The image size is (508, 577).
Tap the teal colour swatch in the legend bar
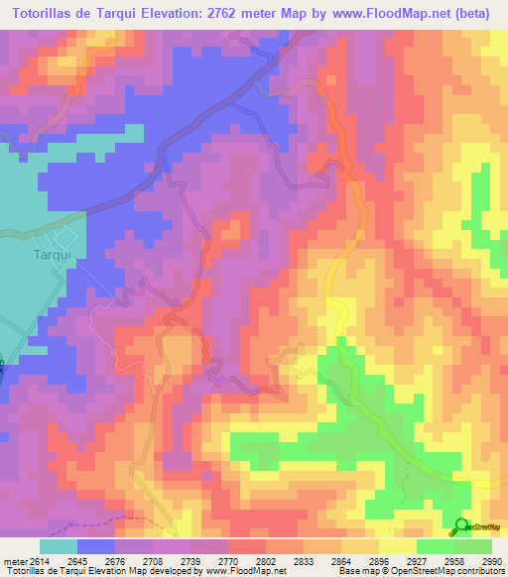59,546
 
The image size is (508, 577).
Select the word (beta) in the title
480,13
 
